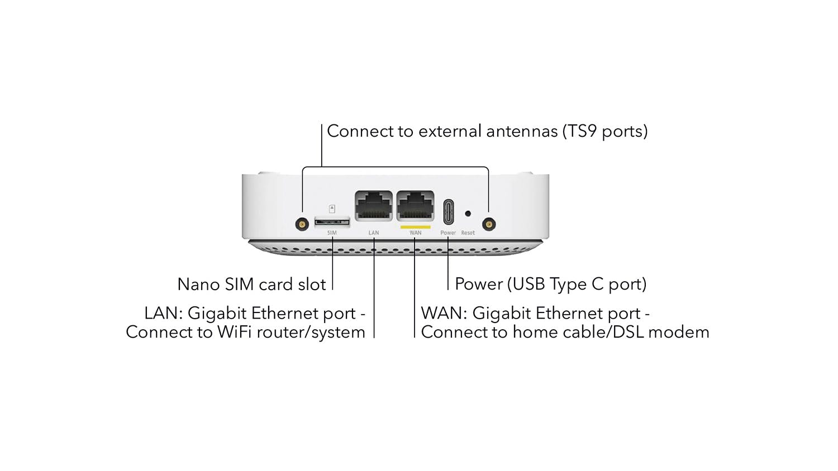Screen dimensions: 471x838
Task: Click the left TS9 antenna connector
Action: pyautogui.click(x=302, y=225)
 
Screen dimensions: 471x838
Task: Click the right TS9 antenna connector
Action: pyautogui.click(x=489, y=225)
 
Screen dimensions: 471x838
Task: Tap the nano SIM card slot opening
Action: pyautogui.click(x=332, y=222)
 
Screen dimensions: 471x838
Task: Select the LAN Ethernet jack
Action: pyautogui.click(x=374, y=206)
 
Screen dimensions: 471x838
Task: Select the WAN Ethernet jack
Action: pyautogui.click(x=415, y=206)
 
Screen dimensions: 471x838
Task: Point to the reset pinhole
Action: pyautogui.click(x=468, y=213)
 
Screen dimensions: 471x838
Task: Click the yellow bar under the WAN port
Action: pyautogui.click(x=415, y=227)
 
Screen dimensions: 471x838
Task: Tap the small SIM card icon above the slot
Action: pyautogui.click(x=332, y=209)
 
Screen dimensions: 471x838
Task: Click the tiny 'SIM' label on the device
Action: pyautogui.click(x=332, y=233)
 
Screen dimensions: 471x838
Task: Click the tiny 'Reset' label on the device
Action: pyautogui.click(x=468, y=233)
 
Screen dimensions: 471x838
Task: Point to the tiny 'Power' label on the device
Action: pyautogui.click(x=448, y=233)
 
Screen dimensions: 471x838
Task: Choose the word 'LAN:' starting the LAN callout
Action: pyautogui.click(x=163, y=313)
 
